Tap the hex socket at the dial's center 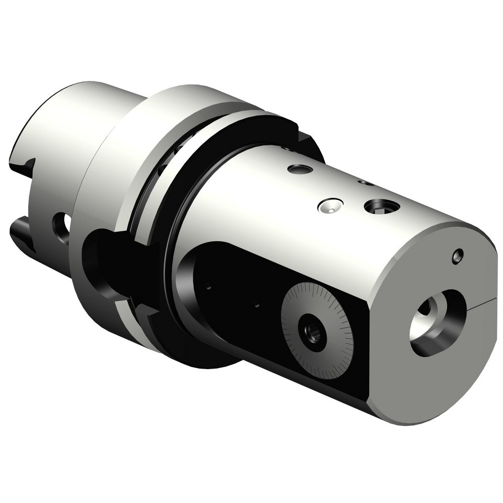[x=312, y=331]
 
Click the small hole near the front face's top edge [x=457, y=257]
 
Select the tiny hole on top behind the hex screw [x=366, y=182]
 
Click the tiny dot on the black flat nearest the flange [x=208, y=287]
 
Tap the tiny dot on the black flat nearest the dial [x=256, y=304]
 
